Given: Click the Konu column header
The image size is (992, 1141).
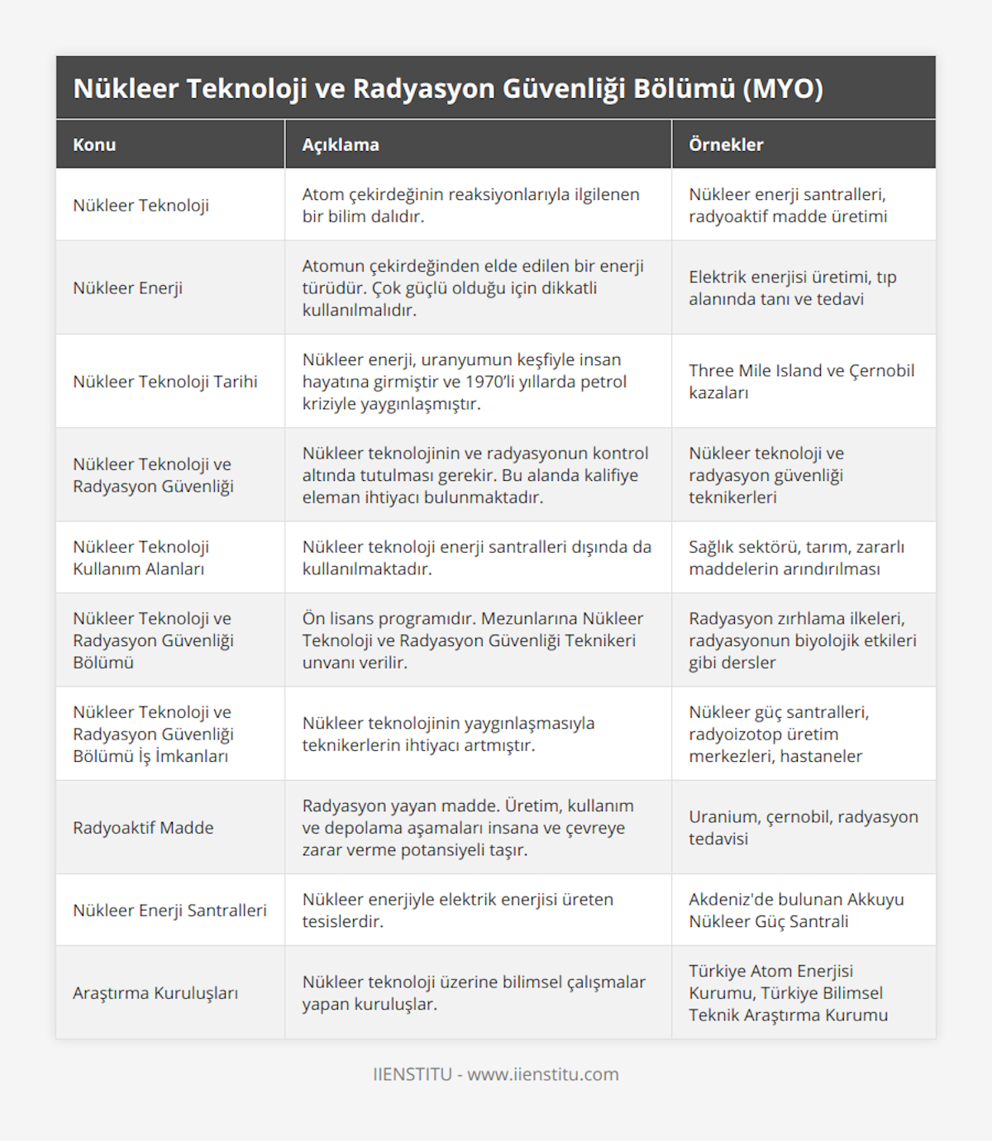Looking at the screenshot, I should (x=94, y=145).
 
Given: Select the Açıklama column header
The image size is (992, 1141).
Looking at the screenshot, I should (x=341, y=145).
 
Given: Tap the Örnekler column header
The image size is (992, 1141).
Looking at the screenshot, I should (x=726, y=145).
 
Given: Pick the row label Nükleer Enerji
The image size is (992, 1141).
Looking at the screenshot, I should (x=128, y=288).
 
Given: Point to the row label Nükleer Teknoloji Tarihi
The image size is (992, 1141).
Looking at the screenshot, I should (x=165, y=381).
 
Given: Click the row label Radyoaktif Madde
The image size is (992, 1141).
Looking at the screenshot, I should (x=143, y=827).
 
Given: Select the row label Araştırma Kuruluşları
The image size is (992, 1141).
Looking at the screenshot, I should (x=155, y=992).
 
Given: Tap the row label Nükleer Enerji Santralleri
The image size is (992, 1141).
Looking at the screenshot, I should (x=169, y=910).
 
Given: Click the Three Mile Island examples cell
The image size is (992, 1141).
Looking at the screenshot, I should (x=801, y=381).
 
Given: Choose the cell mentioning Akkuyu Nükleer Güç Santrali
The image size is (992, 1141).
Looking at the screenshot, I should (x=796, y=910).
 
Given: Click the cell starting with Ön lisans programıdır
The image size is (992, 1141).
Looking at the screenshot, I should (x=473, y=639).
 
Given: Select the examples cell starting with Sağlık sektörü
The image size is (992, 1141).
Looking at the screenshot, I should (x=796, y=557).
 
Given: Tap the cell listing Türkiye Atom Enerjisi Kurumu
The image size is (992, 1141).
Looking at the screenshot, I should (x=788, y=992).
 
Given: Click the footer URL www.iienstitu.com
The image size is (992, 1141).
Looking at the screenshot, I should (x=542, y=1074).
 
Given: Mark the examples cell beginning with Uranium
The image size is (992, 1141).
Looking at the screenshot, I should (x=803, y=827).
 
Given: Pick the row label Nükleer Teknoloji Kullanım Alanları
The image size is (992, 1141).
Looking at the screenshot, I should (x=141, y=557).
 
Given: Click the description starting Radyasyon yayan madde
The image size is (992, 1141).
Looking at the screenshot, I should (x=468, y=827).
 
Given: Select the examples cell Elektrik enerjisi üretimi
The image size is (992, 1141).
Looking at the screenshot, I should (x=792, y=288).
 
